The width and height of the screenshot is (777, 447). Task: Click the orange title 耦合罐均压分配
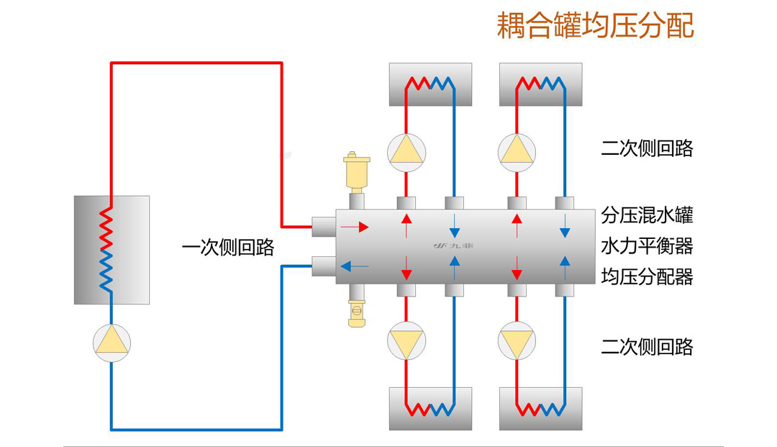pos(595,25)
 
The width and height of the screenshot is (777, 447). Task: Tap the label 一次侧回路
pos(228,248)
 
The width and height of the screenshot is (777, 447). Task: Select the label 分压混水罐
pos(647,215)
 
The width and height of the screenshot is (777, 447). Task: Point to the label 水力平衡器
pos(647,245)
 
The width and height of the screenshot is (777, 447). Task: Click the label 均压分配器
pos(647,276)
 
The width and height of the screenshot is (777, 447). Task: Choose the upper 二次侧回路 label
pos(647,148)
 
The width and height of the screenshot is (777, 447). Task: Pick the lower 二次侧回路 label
pos(647,347)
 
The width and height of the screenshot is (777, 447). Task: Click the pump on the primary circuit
pos(112,343)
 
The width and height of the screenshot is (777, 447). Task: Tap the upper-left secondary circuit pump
pos(406,153)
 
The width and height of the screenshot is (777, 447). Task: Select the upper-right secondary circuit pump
pos(517,153)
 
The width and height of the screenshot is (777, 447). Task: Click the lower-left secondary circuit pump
pos(406,341)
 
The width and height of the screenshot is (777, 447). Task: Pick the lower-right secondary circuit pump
pos(517,341)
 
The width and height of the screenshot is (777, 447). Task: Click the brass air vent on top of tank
pos(357,172)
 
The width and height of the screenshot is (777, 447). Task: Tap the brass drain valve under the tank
pos(357,312)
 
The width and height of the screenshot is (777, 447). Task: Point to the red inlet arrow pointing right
pos(355,227)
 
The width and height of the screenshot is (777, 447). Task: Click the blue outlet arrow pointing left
pos(355,266)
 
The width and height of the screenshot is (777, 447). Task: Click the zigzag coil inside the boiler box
pos(106,249)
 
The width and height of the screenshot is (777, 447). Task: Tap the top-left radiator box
pos(430,84)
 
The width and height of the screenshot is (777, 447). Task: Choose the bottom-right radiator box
pos(540,409)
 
